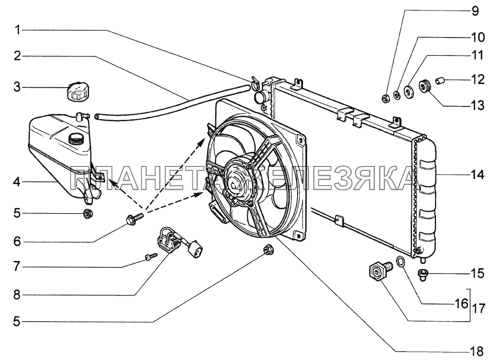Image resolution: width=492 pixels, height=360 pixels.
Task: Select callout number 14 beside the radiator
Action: coord(477,174)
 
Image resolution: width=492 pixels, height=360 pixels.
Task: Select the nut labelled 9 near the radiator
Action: coord(385,98)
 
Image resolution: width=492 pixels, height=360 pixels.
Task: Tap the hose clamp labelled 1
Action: coord(254,82)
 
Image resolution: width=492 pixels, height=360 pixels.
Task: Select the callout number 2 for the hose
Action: coord(17,56)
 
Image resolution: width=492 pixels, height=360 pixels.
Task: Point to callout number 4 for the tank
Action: coord(17,182)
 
